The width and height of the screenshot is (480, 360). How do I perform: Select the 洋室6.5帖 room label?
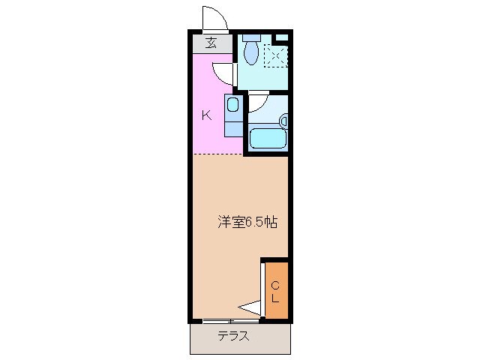click(x=247, y=222)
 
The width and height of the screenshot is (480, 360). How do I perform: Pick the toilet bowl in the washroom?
click(x=251, y=52)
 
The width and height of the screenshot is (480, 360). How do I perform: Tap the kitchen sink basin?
click(x=233, y=105)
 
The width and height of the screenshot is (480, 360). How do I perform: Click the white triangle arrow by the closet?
click(x=248, y=306)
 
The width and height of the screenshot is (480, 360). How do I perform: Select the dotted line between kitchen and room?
click(x=217, y=154)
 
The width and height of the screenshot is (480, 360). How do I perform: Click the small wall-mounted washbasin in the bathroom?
click(x=283, y=120)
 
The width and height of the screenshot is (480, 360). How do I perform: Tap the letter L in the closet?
click(x=275, y=298)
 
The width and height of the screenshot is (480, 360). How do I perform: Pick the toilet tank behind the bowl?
click(x=251, y=37)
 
